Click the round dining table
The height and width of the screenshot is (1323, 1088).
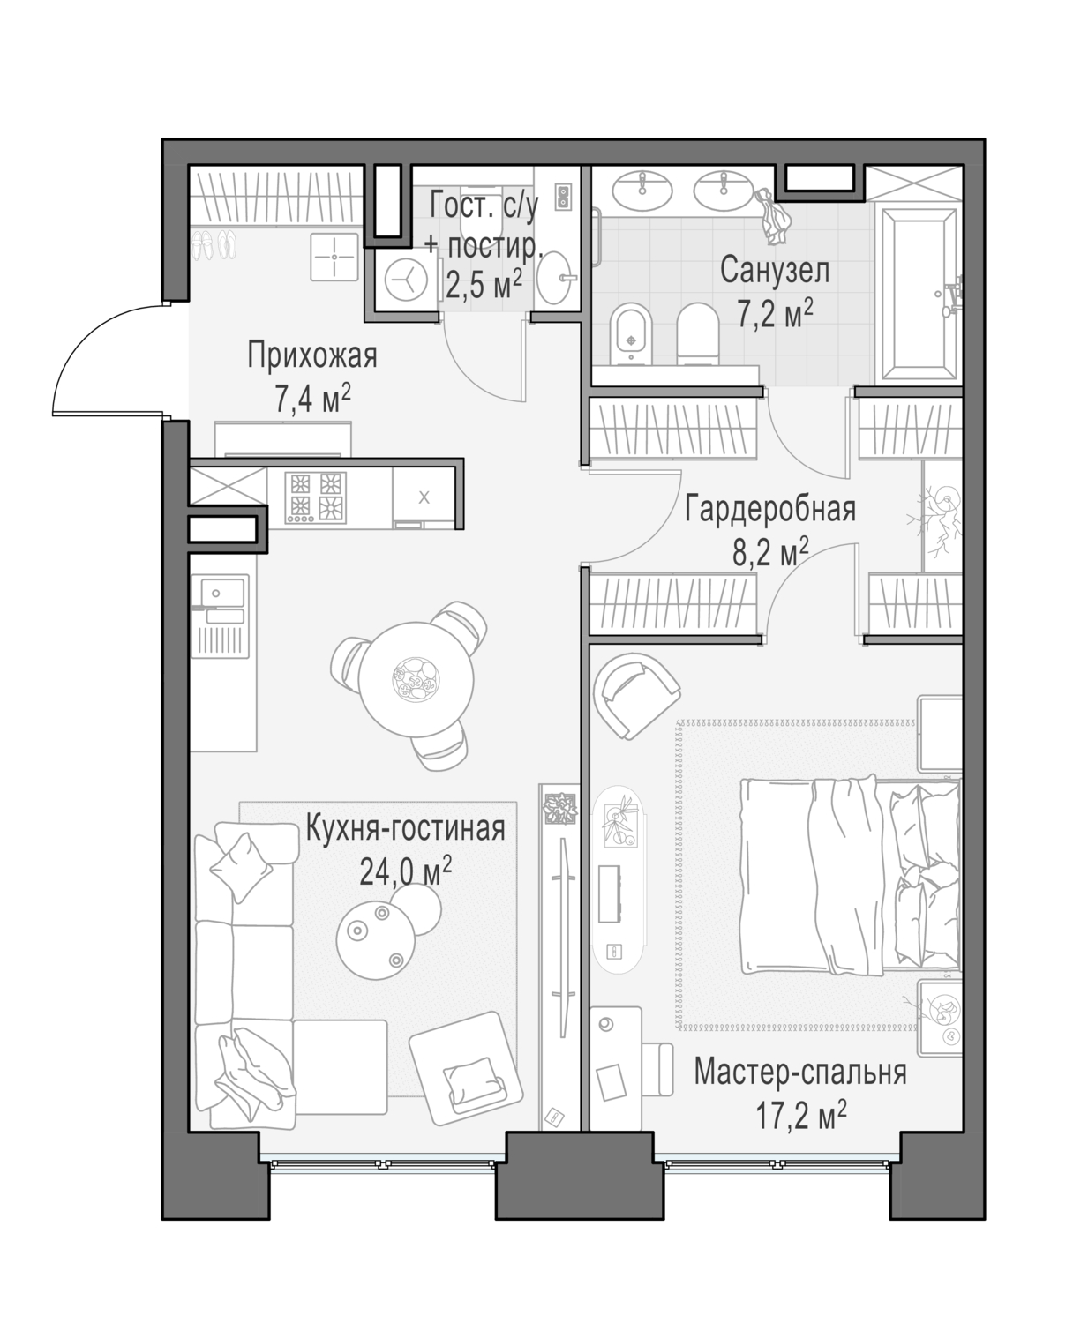(x=416, y=679)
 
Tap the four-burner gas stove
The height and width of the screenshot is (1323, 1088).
(x=315, y=497)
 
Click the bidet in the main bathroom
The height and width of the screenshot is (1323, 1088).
(x=631, y=333)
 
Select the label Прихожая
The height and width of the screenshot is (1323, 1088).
(x=311, y=355)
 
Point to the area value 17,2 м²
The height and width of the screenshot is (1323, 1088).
(x=800, y=1114)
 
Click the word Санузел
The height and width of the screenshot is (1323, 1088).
(x=774, y=270)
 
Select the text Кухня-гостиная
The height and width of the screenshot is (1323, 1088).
(x=405, y=828)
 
